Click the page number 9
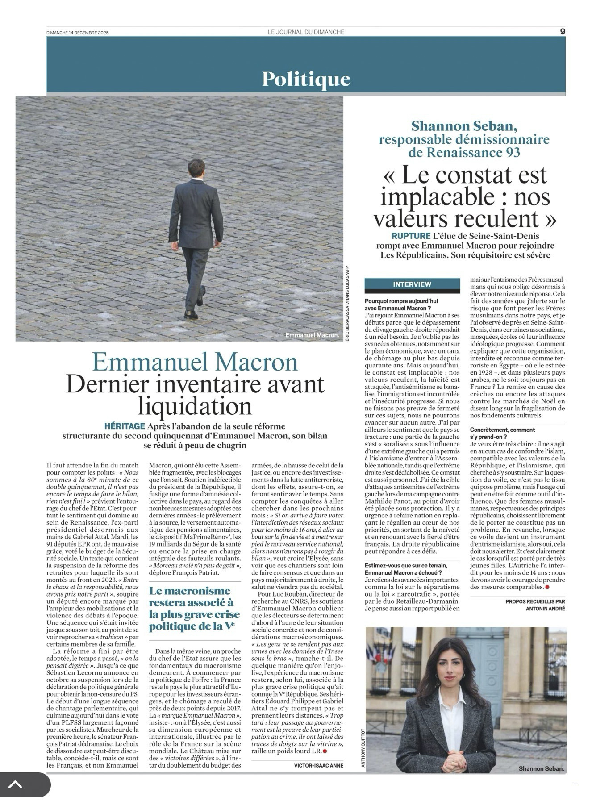(562, 31)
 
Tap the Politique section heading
(306, 79)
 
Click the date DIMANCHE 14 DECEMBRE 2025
(78, 33)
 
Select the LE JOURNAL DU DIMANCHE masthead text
(306, 32)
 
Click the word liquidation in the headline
(195, 406)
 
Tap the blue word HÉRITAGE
(124, 426)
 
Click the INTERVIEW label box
(412, 284)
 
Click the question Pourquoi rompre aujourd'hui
(401, 301)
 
